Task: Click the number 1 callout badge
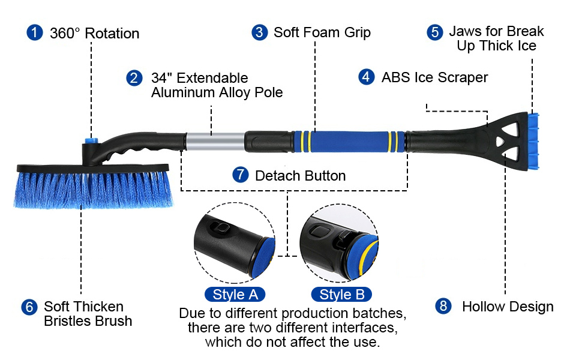[35, 32]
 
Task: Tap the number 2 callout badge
[134, 78]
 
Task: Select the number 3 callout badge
[259, 32]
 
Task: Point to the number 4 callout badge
[366, 77]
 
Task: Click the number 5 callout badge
[435, 32]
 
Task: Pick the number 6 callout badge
[29, 307]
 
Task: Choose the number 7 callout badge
[240, 175]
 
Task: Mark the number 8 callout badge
[443, 307]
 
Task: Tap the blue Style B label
[341, 295]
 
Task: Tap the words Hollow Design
[508, 307]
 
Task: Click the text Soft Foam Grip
[322, 32]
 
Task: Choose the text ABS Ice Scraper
[434, 77]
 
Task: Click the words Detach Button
[300, 176]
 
